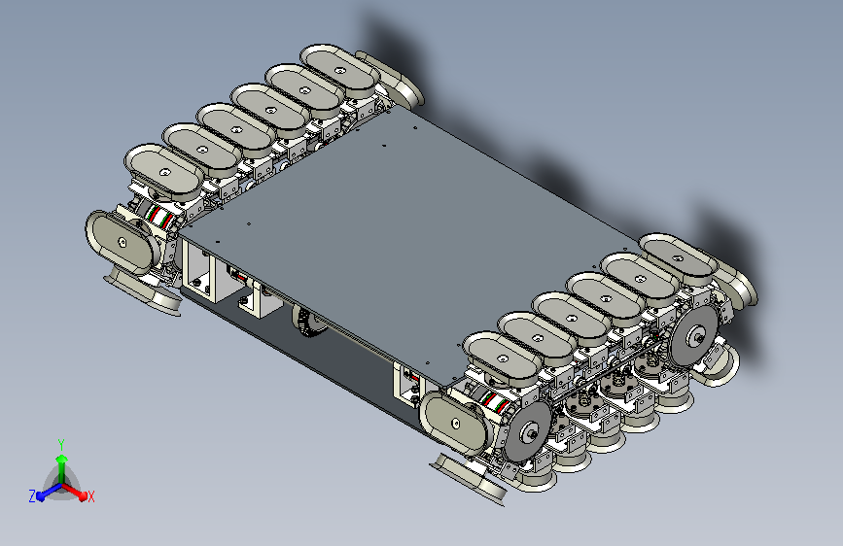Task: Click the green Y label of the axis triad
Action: point(61,444)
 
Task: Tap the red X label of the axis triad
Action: point(90,496)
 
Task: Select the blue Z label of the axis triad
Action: point(32,496)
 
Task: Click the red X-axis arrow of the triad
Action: point(74,492)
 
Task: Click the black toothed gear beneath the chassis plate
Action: point(308,322)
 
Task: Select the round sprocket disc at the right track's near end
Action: point(528,430)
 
